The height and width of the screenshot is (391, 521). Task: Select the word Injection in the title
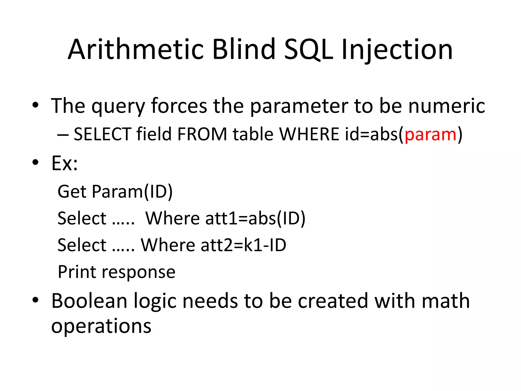pos(397,50)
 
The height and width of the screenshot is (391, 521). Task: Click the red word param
pos(430,134)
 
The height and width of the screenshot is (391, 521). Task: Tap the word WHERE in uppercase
pos(309,134)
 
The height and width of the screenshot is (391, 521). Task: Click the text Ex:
pos(64,163)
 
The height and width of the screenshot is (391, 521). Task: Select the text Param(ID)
pos(132,191)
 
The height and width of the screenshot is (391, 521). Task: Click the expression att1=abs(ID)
pos(255,218)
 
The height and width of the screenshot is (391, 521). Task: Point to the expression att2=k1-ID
pos(243,245)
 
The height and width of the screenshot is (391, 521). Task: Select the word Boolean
pos(89,301)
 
